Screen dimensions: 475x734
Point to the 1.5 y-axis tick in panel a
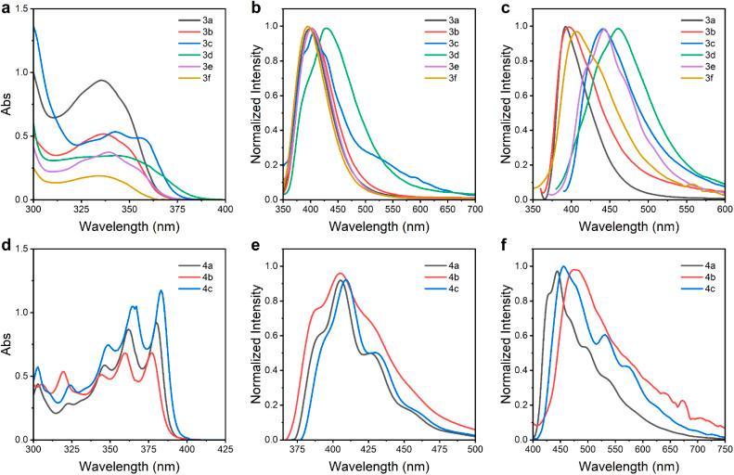(19, 8)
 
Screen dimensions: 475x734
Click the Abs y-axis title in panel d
(8, 346)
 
